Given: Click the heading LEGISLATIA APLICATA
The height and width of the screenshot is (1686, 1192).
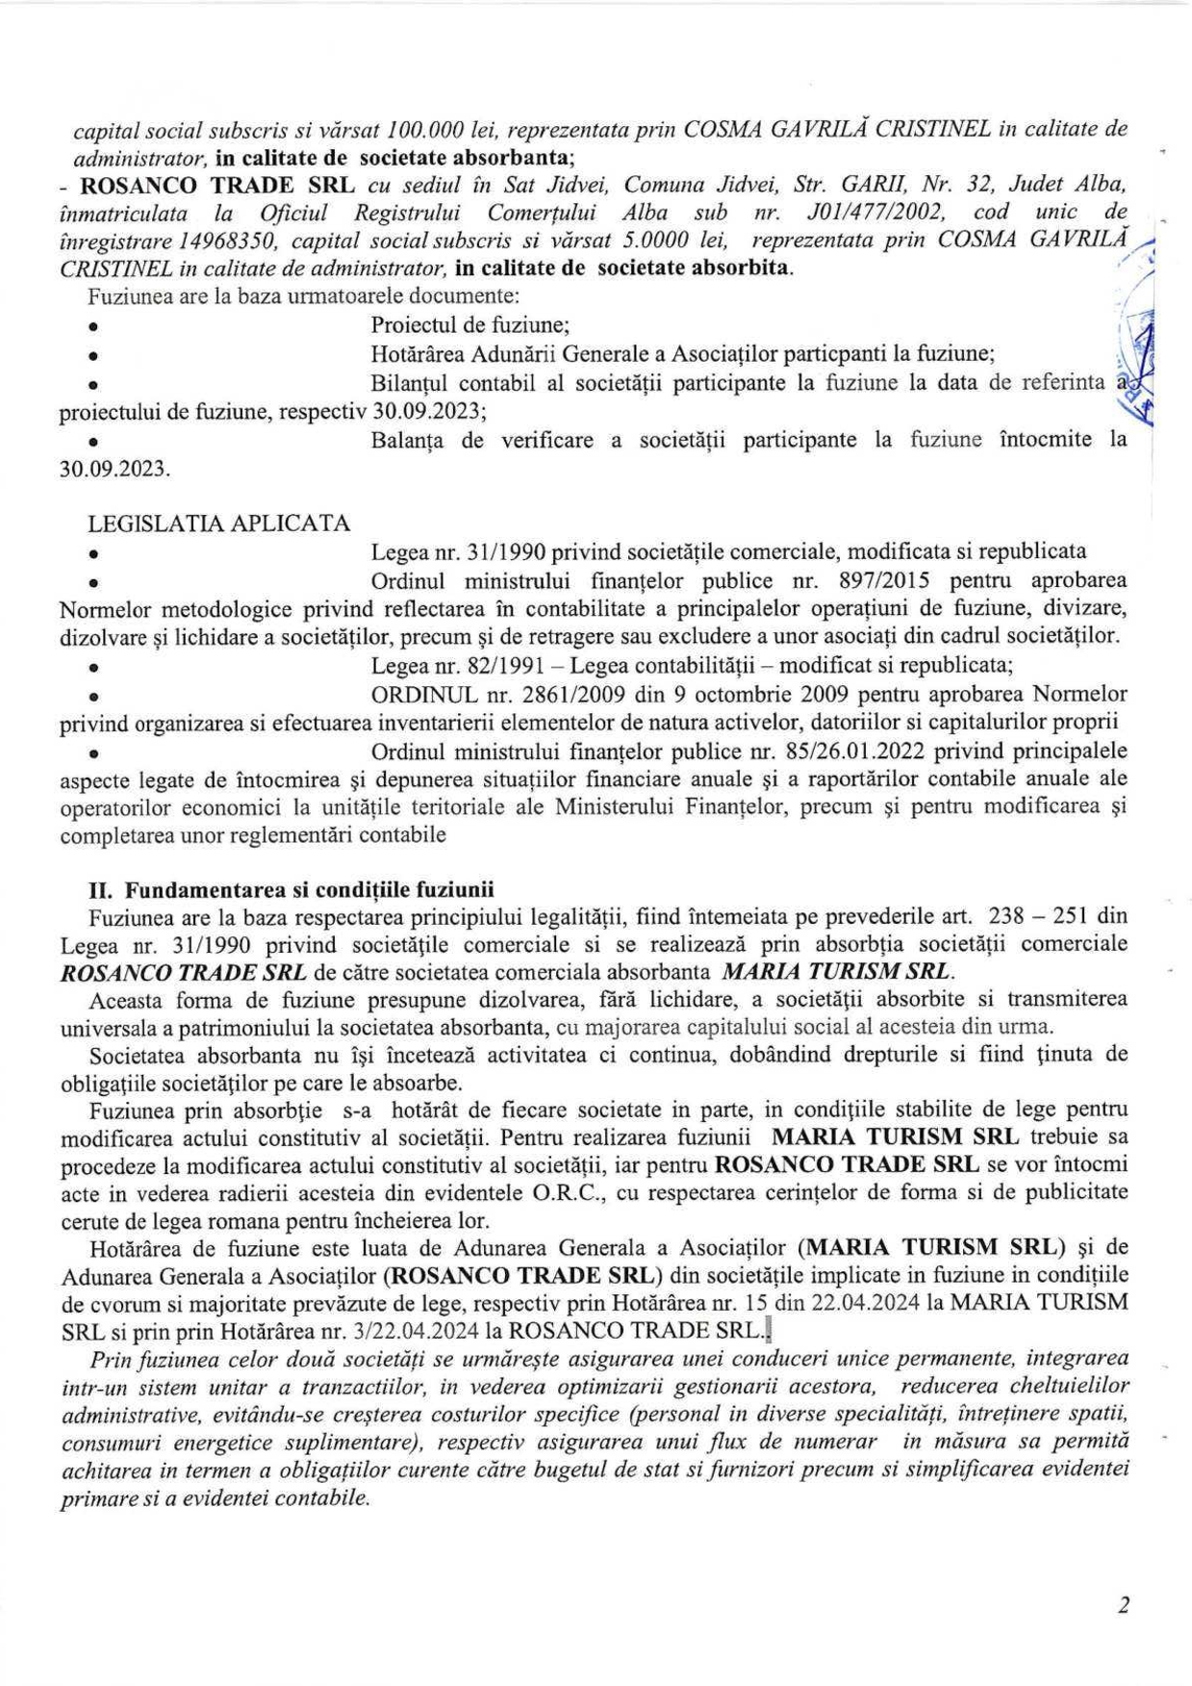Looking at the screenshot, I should click(x=218, y=524).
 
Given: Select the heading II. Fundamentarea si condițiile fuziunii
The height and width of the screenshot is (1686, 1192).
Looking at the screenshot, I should click(x=292, y=888).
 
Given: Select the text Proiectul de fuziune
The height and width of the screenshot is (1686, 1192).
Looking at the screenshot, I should click(x=470, y=325).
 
